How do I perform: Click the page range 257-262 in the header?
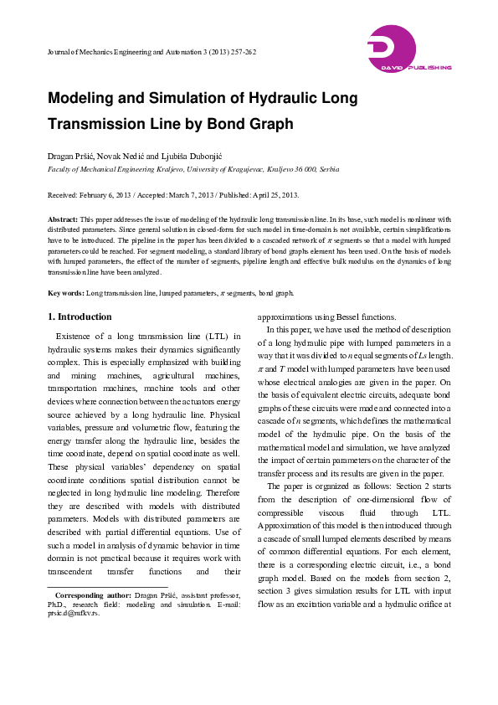[x=241, y=52]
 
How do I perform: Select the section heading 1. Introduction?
[x=80, y=317]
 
